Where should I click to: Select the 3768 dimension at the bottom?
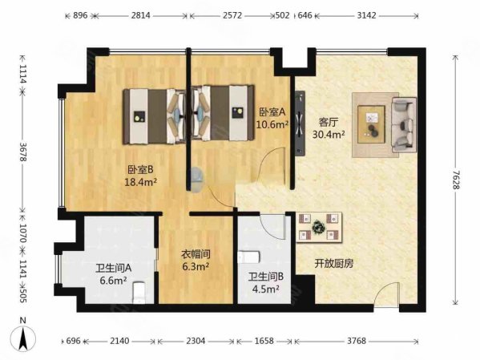(x=357, y=341)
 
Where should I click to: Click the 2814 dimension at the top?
(x=140, y=15)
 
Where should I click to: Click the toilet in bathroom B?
(x=252, y=257)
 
